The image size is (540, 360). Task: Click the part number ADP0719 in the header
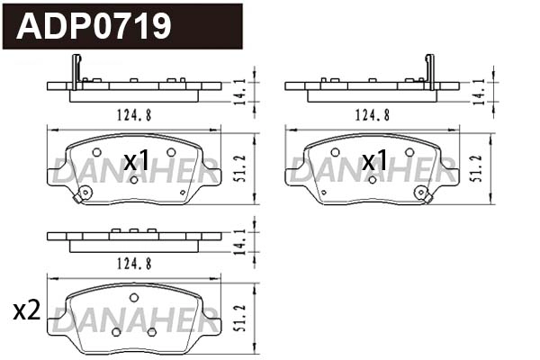pos(94,26)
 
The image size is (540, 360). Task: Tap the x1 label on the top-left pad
pos(136,162)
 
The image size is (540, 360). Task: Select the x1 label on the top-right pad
pos(374,162)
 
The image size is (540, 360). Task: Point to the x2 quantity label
pos(27,311)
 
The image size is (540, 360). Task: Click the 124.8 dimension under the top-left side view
pos(132,114)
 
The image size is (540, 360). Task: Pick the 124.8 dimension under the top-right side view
pos(372,114)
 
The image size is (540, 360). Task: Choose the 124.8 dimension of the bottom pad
pos(132,263)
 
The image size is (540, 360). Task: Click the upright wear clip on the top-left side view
pos(76,69)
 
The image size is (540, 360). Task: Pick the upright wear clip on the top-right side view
pos(429,69)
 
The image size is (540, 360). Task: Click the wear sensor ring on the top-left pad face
pos(85,193)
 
